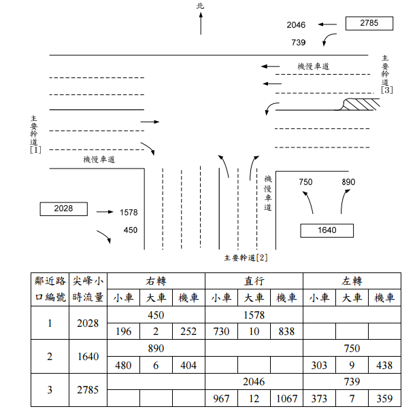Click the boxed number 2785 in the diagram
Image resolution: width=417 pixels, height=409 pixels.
click(369, 24)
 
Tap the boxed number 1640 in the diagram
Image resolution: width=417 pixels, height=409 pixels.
click(327, 230)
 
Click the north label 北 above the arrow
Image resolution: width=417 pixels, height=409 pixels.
click(200, 6)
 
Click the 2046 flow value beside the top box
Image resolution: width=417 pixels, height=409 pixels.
click(296, 25)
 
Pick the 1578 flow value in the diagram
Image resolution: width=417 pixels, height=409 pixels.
click(129, 213)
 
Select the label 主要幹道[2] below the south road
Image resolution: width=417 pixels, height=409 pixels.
click(246, 258)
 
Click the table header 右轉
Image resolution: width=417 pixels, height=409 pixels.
click(156, 281)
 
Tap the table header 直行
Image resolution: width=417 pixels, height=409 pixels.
click(254, 281)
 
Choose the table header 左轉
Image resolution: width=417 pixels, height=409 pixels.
click(352, 281)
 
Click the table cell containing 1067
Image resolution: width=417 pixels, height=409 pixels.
click(286, 398)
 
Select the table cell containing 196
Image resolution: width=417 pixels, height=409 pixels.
click(123, 332)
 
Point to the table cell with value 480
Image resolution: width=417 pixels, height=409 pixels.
click(123, 366)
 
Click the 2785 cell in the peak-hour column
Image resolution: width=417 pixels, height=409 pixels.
click(88, 391)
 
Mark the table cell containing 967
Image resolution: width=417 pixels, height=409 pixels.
click(221, 398)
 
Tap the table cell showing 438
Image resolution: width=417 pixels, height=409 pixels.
click(384, 366)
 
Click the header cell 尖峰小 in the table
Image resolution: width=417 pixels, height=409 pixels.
click(88, 281)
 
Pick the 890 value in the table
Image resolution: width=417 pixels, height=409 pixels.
click(156, 348)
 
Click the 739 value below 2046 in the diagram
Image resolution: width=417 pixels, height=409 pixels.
click(298, 43)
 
